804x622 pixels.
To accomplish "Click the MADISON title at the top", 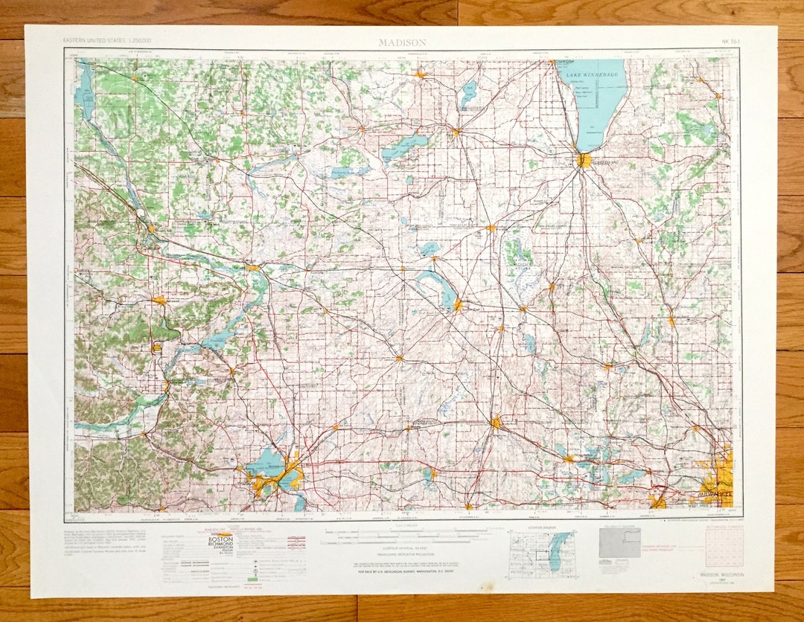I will pos(402,43).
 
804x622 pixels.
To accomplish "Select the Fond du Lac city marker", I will pos(584,159).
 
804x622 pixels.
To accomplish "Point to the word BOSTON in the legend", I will pos(220,538).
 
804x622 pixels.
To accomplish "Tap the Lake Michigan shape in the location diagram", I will pos(561,551).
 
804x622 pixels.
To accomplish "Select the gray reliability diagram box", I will pos(620,543).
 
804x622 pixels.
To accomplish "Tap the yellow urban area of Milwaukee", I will pos(716,476).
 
